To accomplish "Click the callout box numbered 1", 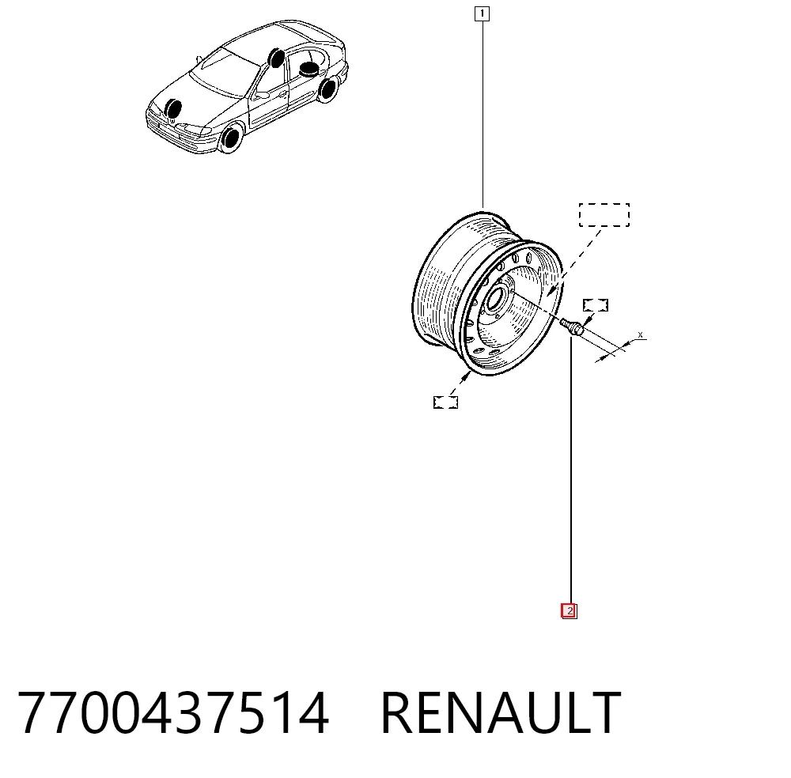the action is point(482,13).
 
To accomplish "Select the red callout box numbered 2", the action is point(569,611).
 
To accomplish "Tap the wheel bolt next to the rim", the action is point(572,326).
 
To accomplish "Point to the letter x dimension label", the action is point(640,334).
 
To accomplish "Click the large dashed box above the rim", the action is point(604,215).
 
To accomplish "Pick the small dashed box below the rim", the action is point(445,402).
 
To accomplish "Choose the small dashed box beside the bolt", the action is point(596,305).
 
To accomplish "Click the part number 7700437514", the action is point(173,713).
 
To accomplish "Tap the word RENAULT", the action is point(501,713).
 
